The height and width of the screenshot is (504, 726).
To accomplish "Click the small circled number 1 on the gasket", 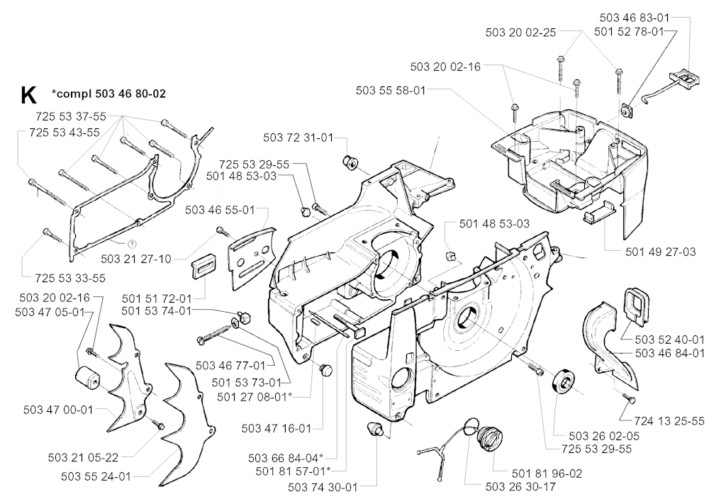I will pos(132,225).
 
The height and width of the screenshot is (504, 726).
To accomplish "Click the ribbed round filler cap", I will pos(488,434).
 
